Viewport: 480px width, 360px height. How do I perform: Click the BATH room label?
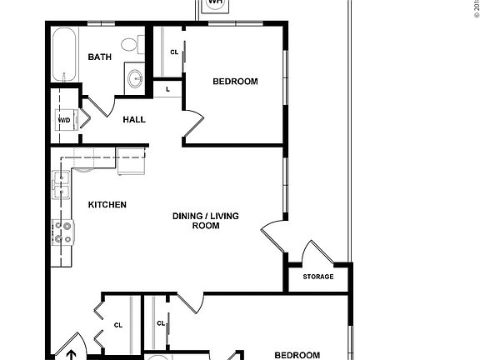pos(100,57)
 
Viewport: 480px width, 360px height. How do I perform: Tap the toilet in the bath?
pos(130,44)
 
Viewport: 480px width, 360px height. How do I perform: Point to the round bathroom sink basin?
pos(134,79)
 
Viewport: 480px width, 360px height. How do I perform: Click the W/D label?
pos(64,120)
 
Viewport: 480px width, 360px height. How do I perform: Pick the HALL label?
pos(134,119)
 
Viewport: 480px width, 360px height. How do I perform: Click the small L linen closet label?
pos(168,88)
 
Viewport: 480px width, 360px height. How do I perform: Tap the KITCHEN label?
pos(107,204)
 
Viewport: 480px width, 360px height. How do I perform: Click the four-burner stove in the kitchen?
pos(63,233)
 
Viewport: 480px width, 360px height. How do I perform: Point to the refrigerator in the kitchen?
pos(132,160)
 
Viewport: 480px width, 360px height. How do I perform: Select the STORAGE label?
pos(317,277)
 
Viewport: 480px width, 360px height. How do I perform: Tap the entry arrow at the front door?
pos(72,354)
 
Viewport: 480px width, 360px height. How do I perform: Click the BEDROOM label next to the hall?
pos(235,82)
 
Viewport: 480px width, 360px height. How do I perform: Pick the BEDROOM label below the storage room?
pos(297,355)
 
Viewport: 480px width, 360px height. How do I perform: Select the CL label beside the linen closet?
pos(174,52)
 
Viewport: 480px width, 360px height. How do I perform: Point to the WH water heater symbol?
pos(215,3)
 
